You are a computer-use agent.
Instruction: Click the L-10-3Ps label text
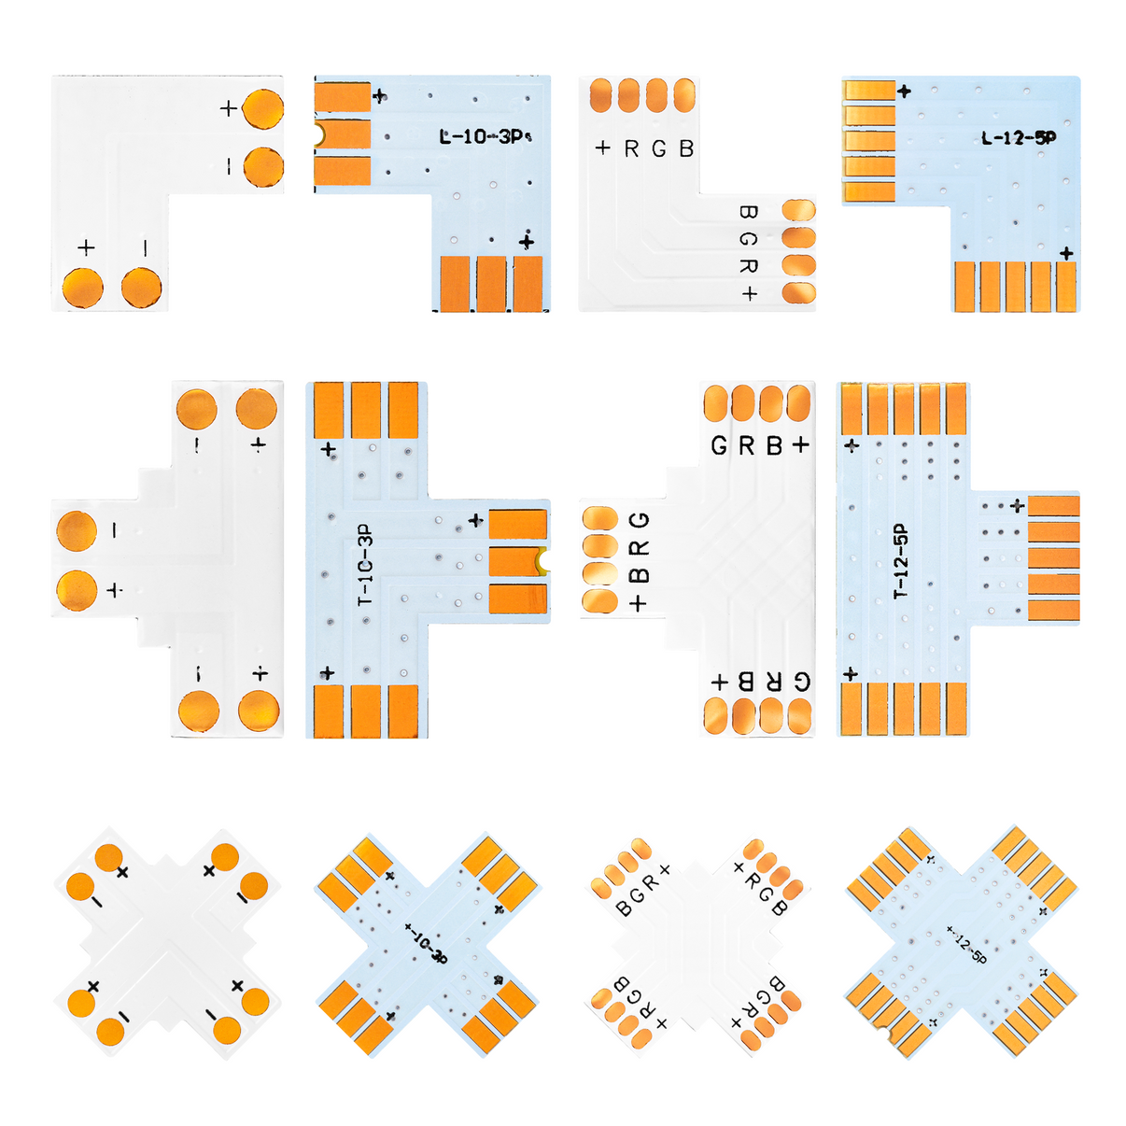pyautogui.click(x=485, y=136)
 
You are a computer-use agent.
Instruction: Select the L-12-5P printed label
pyautogui.click(x=1018, y=138)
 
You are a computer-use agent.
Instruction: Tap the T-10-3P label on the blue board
pyautogui.click(x=365, y=565)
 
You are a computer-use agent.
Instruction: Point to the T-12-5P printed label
pyautogui.click(x=900, y=561)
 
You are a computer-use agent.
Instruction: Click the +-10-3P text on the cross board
pyautogui.click(x=426, y=943)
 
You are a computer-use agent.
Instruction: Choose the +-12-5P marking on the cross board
pyautogui.click(x=965, y=943)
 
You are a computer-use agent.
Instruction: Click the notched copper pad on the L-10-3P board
pyautogui.click(x=343, y=135)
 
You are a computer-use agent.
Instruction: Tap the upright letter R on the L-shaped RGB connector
pyautogui.click(x=632, y=148)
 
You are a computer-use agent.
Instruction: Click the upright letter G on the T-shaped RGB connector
pyautogui.click(x=718, y=446)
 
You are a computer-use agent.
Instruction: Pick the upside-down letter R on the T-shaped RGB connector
pyautogui.click(x=773, y=682)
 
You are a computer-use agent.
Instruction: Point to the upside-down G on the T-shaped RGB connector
pyautogui.click(x=801, y=682)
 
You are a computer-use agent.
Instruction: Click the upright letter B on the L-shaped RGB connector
pyautogui.click(x=687, y=148)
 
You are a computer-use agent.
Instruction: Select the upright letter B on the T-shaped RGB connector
pyautogui.click(x=773, y=446)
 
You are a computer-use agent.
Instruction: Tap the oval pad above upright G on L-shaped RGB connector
pyautogui.click(x=657, y=94)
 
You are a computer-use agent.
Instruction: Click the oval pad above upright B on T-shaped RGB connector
pyautogui.click(x=771, y=403)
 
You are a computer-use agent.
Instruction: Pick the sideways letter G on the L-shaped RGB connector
pyautogui.click(x=748, y=239)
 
